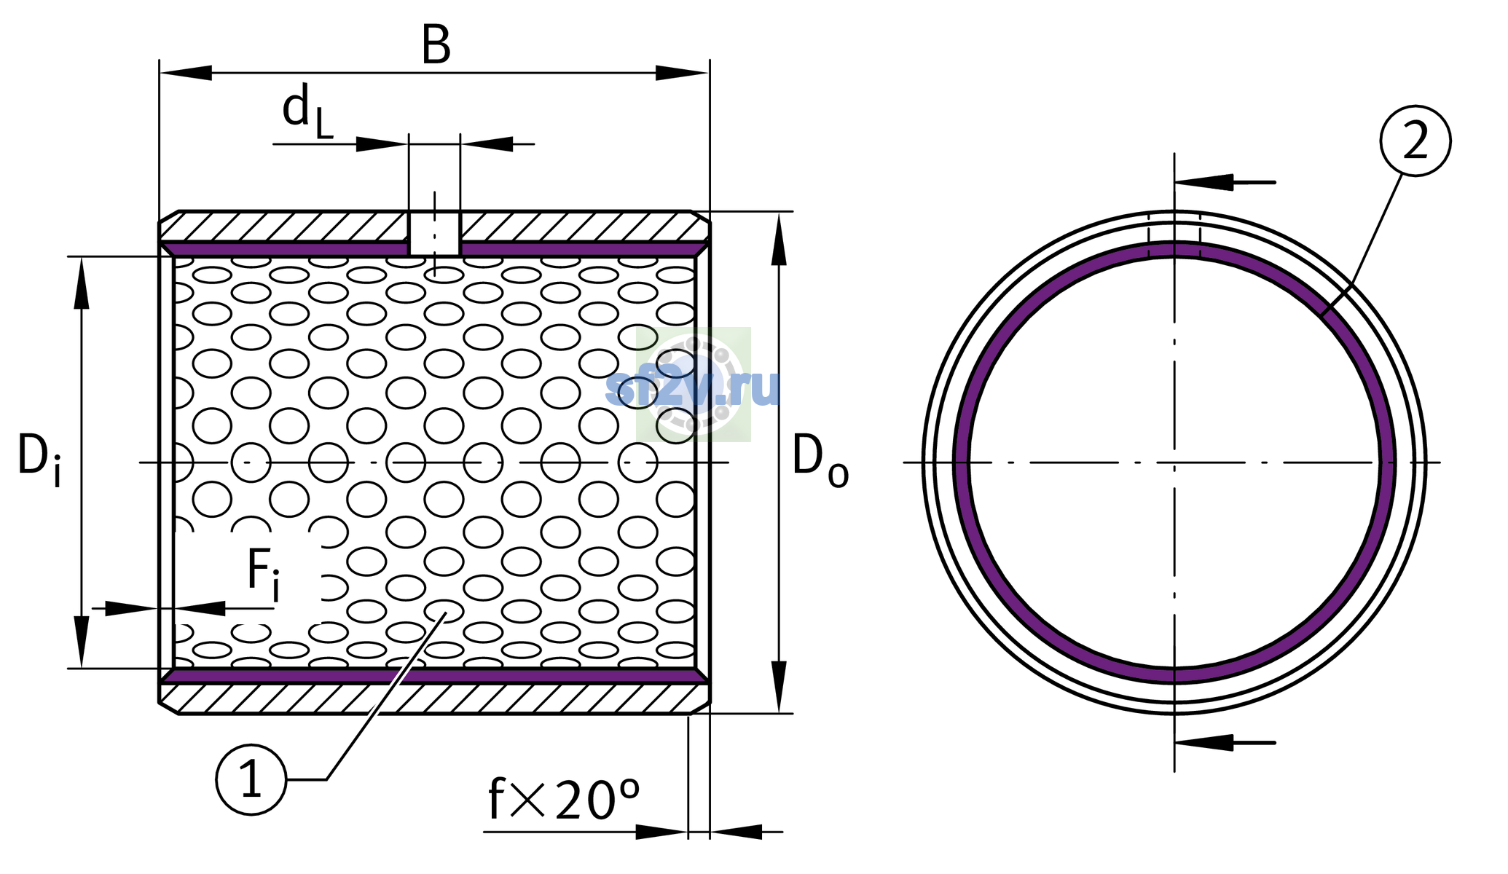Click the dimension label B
pos(436,45)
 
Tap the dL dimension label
pos(307,111)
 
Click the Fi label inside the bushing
pos(263,574)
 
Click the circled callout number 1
pos(251,779)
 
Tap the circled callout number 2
pos(1415,141)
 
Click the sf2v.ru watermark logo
pos(693,385)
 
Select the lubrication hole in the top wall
pos(434,235)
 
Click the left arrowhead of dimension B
pos(186,73)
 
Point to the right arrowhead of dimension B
pos(682,73)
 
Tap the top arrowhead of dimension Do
pos(779,238)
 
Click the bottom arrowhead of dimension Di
pos(82,642)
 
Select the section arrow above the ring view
pos(1225,182)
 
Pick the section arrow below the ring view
pos(1225,743)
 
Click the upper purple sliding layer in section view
pos(434,249)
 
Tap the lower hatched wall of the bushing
pos(434,698)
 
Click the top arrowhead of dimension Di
pos(82,283)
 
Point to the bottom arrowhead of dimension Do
pos(779,687)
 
